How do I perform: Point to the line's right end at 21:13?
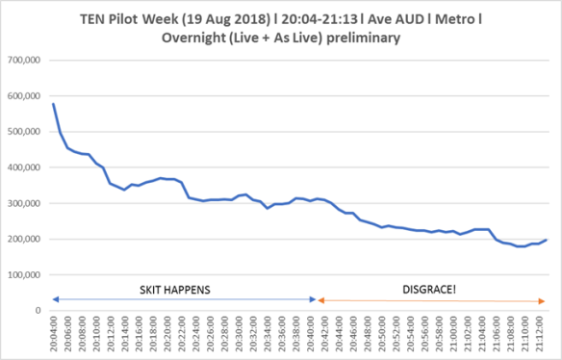(x=546, y=240)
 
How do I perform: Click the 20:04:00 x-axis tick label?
(x=54, y=333)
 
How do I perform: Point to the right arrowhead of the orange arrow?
(x=545, y=300)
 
